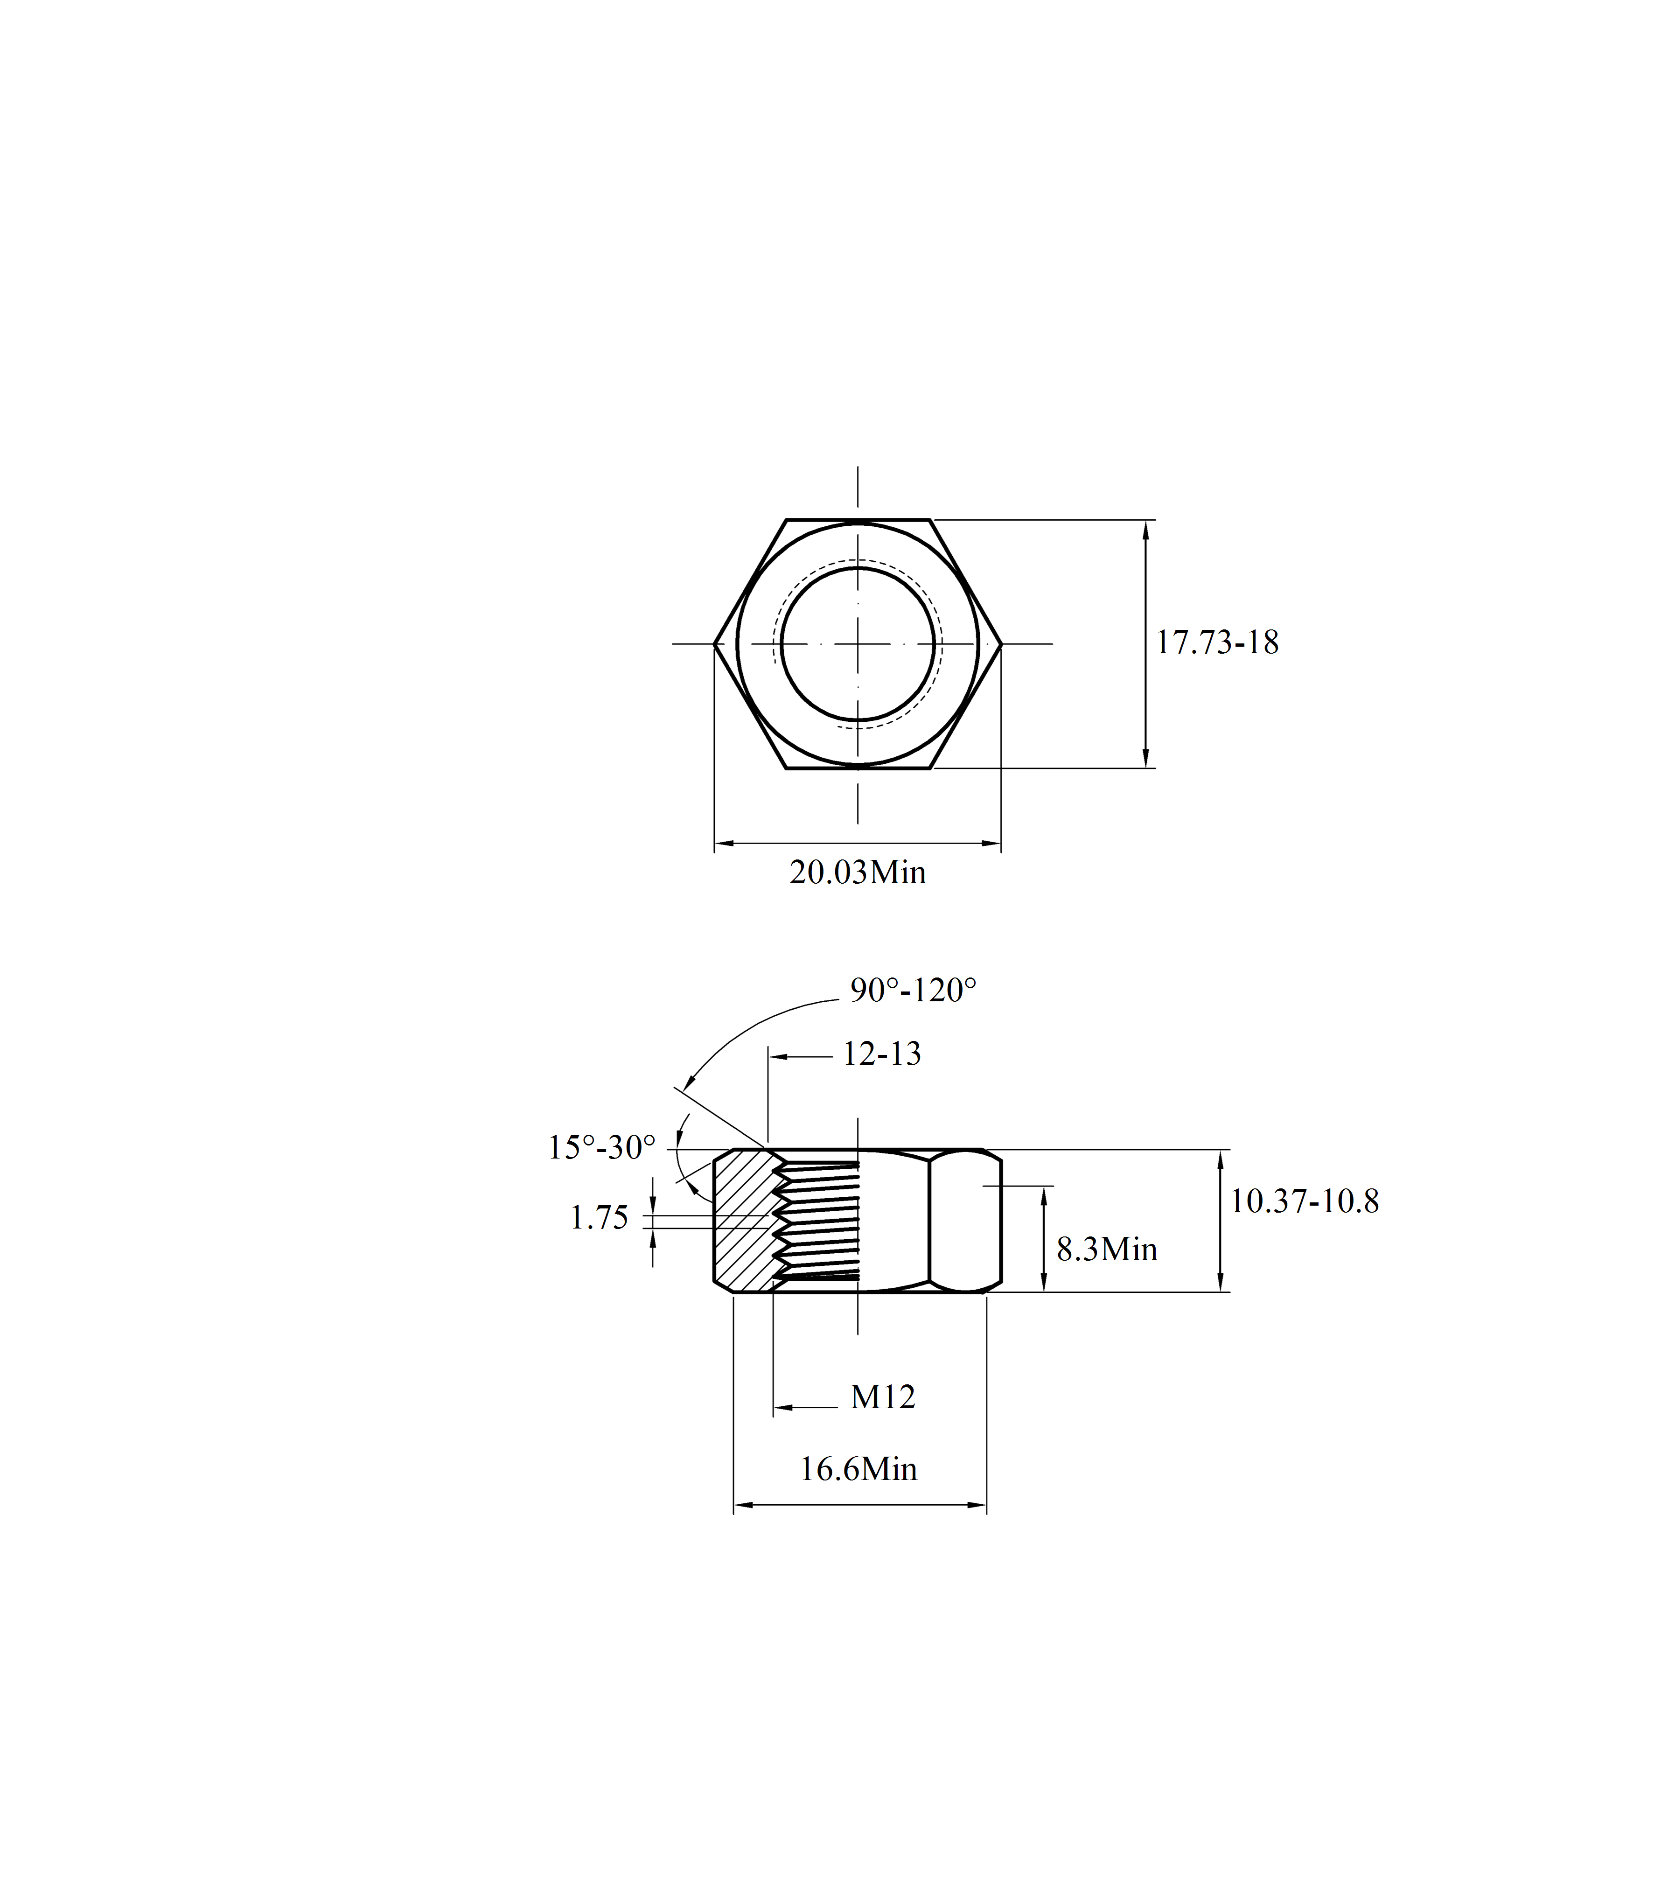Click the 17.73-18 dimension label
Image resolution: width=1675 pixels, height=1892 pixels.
1217,642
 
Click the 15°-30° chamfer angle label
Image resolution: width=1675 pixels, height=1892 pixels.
601,1148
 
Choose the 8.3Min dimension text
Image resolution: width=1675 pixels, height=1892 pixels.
1107,1250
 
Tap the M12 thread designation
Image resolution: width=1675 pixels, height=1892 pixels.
883,1397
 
